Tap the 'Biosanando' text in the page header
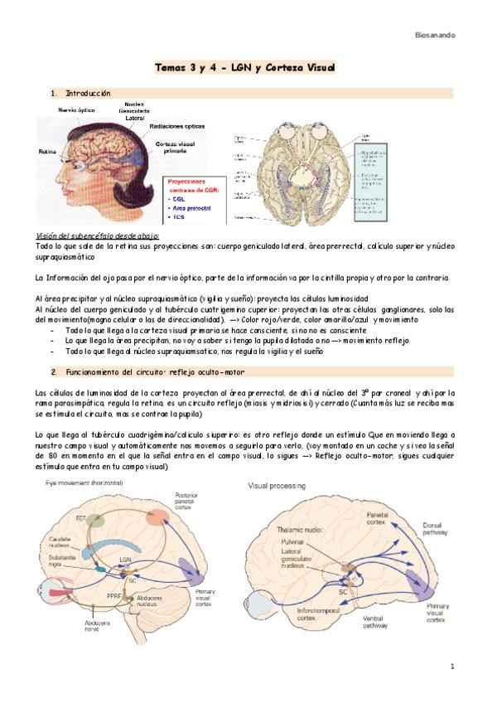click(435, 35)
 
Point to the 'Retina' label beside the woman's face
click(46, 152)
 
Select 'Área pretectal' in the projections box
click(191, 208)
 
